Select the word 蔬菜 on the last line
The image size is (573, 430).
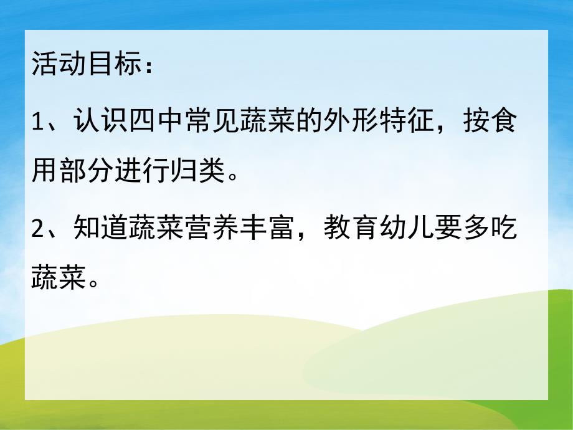pos(60,279)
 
